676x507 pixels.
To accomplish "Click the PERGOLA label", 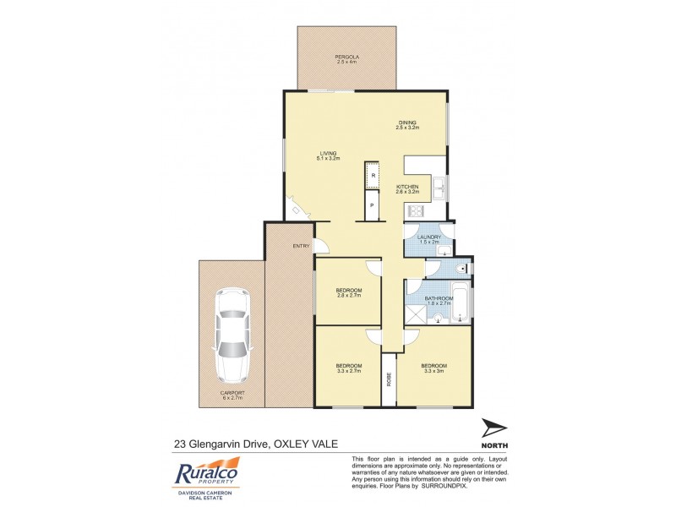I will coord(346,57).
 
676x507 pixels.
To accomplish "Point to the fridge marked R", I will coord(373,176).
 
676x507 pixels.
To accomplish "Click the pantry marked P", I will coord(371,205).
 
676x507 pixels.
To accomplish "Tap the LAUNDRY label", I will coord(429,237).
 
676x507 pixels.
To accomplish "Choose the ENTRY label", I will coord(301,246).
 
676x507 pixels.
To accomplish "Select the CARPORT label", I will coord(232,393).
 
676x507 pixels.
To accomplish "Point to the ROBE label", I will coord(390,379).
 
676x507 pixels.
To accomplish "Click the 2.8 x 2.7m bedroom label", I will coord(349,292).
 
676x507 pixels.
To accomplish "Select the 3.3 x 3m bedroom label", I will coord(433,368).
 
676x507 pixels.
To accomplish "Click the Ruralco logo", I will coord(207,473).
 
